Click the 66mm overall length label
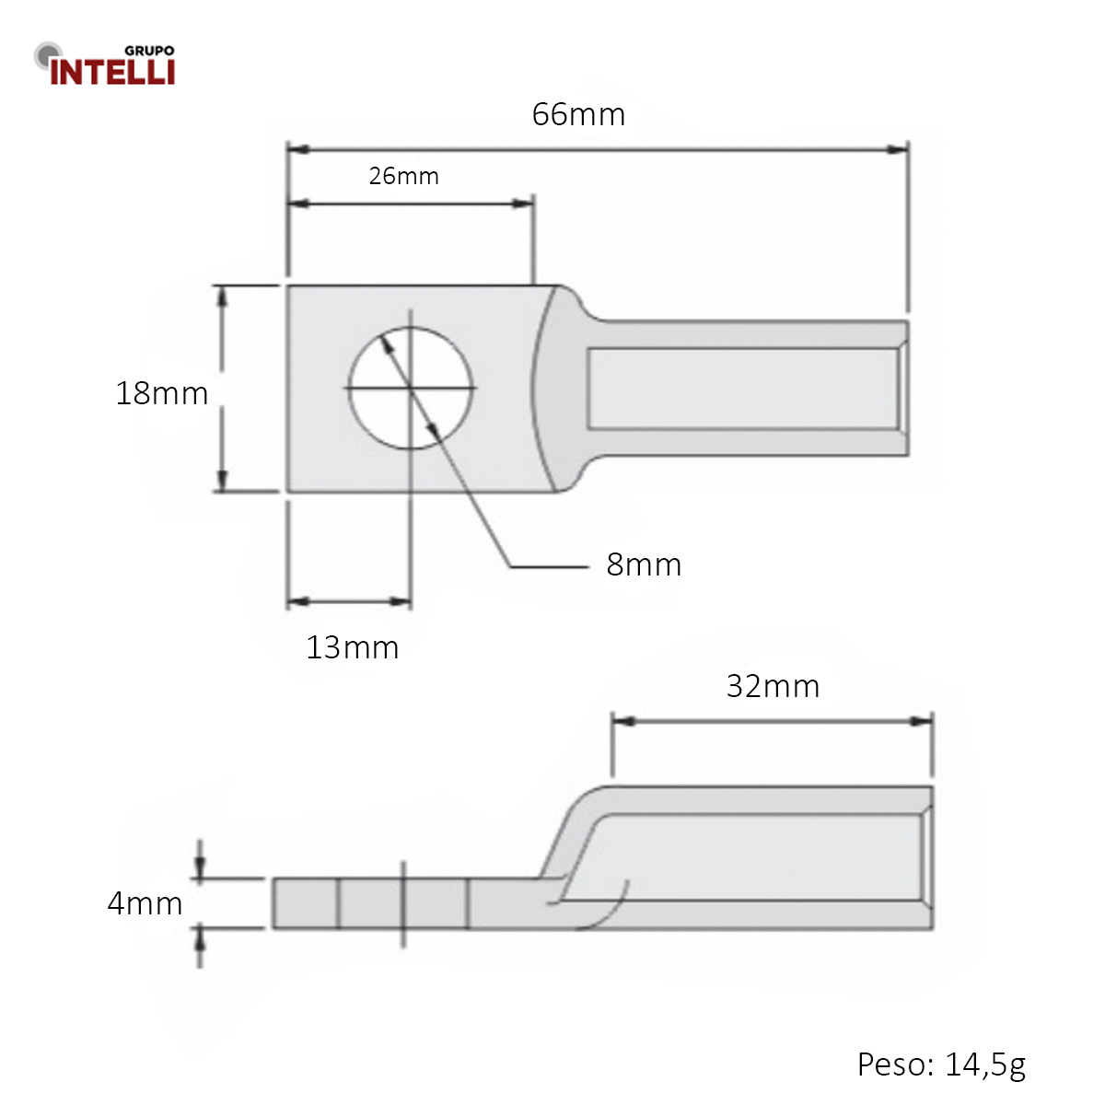click(578, 115)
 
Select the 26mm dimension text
click(403, 176)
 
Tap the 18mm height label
click(162, 393)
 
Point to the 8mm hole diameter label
click(644, 564)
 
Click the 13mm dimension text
click(352, 647)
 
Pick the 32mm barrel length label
click(773, 686)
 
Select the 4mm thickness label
click(145, 903)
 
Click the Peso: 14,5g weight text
click(940, 1064)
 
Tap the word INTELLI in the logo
click(112, 72)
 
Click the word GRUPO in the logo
click(148, 52)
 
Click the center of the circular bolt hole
click(411, 389)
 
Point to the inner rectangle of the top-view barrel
click(742, 388)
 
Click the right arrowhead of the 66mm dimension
click(898, 149)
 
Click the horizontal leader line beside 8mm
click(549, 566)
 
